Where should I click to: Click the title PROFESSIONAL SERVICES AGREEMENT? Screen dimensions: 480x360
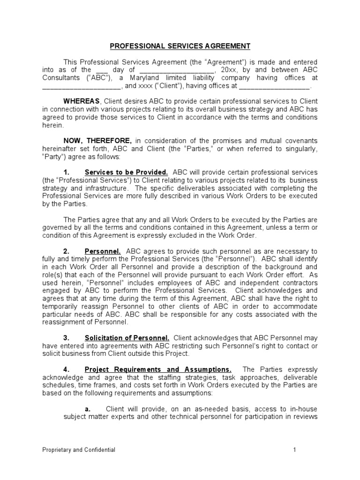(x=180, y=46)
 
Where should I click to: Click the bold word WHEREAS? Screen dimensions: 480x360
(x=82, y=101)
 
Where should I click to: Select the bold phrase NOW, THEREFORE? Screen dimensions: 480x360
(x=98, y=141)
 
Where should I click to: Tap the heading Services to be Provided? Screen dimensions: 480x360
(x=126, y=172)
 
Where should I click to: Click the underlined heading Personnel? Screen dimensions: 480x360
(x=103, y=251)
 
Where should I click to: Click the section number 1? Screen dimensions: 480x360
(x=66, y=172)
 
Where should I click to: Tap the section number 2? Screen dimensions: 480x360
(x=66, y=251)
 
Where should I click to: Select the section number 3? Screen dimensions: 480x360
(x=66, y=338)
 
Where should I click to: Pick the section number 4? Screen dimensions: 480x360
(x=66, y=369)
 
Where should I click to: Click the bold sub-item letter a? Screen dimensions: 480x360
(x=87, y=409)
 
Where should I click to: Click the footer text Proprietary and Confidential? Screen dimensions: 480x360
(x=79, y=450)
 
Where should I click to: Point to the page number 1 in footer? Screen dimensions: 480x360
(x=295, y=450)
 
